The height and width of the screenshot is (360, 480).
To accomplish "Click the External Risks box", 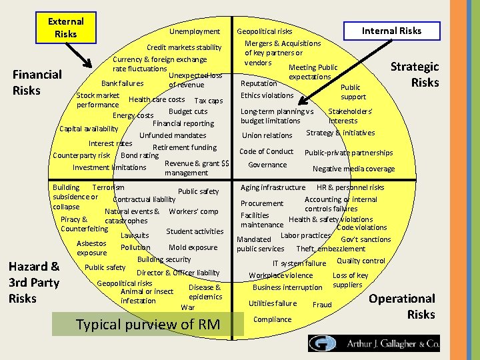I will pyautogui.click(x=65, y=27).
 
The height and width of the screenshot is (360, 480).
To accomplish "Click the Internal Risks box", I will pyautogui.click(x=391, y=30).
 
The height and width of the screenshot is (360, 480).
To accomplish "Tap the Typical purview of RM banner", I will pyautogui.click(x=148, y=325).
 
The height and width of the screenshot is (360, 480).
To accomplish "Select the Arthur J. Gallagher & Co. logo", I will pyautogui.click(x=373, y=343).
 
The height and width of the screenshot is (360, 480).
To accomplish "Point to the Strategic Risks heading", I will pyautogui.click(x=415, y=74).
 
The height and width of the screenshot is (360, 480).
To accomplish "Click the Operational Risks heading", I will pyautogui.click(x=402, y=306).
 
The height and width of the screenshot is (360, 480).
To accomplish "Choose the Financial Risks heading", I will pyautogui.click(x=37, y=82).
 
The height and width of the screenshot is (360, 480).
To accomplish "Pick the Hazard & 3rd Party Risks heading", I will pyautogui.click(x=34, y=282).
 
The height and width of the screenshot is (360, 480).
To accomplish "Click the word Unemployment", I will pyautogui.click(x=194, y=31).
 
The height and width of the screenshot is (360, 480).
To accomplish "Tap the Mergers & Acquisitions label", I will pyautogui.click(x=283, y=43).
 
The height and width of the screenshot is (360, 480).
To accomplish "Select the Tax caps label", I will pyautogui.click(x=208, y=101).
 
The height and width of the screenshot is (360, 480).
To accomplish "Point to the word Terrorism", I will pyautogui.click(x=108, y=187).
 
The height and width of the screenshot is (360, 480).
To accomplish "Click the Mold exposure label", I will pyautogui.click(x=193, y=247).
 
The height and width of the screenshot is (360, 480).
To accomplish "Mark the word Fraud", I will pyautogui.click(x=322, y=305).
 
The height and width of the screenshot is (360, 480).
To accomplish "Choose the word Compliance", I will pyautogui.click(x=273, y=319).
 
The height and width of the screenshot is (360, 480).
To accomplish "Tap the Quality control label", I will pyautogui.click(x=361, y=261).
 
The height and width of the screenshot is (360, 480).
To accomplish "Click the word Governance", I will pyautogui.click(x=267, y=165).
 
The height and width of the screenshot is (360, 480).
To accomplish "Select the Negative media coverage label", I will pyautogui.click(x=353, y=169).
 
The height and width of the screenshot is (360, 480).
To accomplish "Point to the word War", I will pyautogui.click(x=188, y=307).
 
